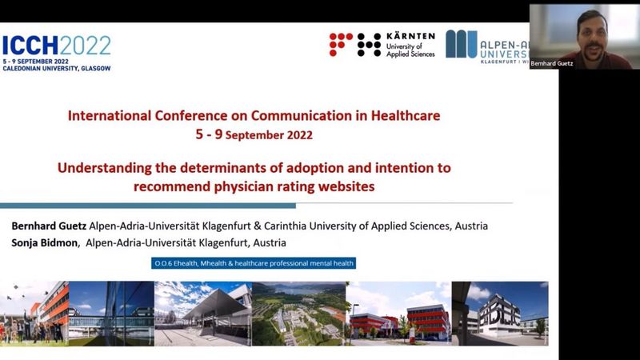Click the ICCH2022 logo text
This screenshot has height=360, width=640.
[57, 46]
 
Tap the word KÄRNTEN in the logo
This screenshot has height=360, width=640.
[410, 36]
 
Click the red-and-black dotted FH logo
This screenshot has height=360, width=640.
[355, 45]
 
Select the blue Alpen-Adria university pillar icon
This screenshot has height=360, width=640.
[462, 44]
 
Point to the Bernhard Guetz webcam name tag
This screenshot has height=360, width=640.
[551, 63]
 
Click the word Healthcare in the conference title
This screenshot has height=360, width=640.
[406, 115]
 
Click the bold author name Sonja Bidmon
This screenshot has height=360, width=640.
[44, 243]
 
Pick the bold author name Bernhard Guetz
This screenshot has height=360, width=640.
[49, 226]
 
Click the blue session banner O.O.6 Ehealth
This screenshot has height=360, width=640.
[254, 263]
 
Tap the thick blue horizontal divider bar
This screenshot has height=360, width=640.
[148, 206]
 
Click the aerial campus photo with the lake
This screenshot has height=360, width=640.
[298, 314]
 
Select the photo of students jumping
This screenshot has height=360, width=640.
[34, 314]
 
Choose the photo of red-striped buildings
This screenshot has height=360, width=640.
[398, 314]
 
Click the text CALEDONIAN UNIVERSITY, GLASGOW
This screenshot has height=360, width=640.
[57, 69]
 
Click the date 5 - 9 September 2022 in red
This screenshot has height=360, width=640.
[254, 134]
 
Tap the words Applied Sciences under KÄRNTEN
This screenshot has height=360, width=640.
[410, 54]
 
